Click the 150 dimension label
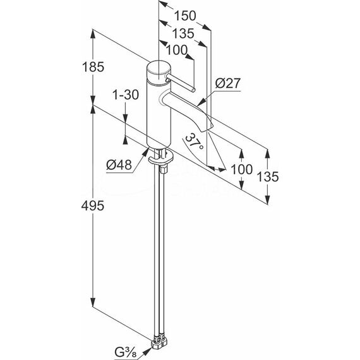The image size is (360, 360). click(185, 16)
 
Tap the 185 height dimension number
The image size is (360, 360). click(93, 67)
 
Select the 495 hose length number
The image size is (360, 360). click(92, 205)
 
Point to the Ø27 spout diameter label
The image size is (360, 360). click(228, 83)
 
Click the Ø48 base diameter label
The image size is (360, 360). click(119, 165)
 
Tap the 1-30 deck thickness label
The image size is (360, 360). click(126, 94)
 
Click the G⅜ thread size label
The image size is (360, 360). click(126, 352)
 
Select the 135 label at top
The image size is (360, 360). click(183, 33)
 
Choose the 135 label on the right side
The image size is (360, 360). click(268, 177)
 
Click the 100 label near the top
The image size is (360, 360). click(177, 50)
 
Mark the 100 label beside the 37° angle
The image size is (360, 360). click(241, 169)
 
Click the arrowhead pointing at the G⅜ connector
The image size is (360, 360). click(147, 351)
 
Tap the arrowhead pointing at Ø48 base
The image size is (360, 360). click(145, 152)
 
